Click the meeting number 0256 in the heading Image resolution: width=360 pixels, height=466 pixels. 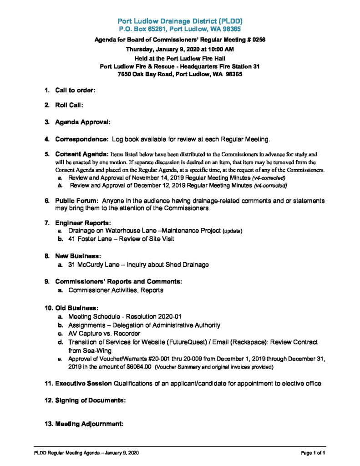tap(256, 40)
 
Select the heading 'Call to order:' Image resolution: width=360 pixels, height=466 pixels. tap(75, 91)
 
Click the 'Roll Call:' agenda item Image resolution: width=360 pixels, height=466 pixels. tap(69, 105)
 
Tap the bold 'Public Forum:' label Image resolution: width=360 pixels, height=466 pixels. tap(77, 201)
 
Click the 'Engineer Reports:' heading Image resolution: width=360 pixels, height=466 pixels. tap(83, 223)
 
